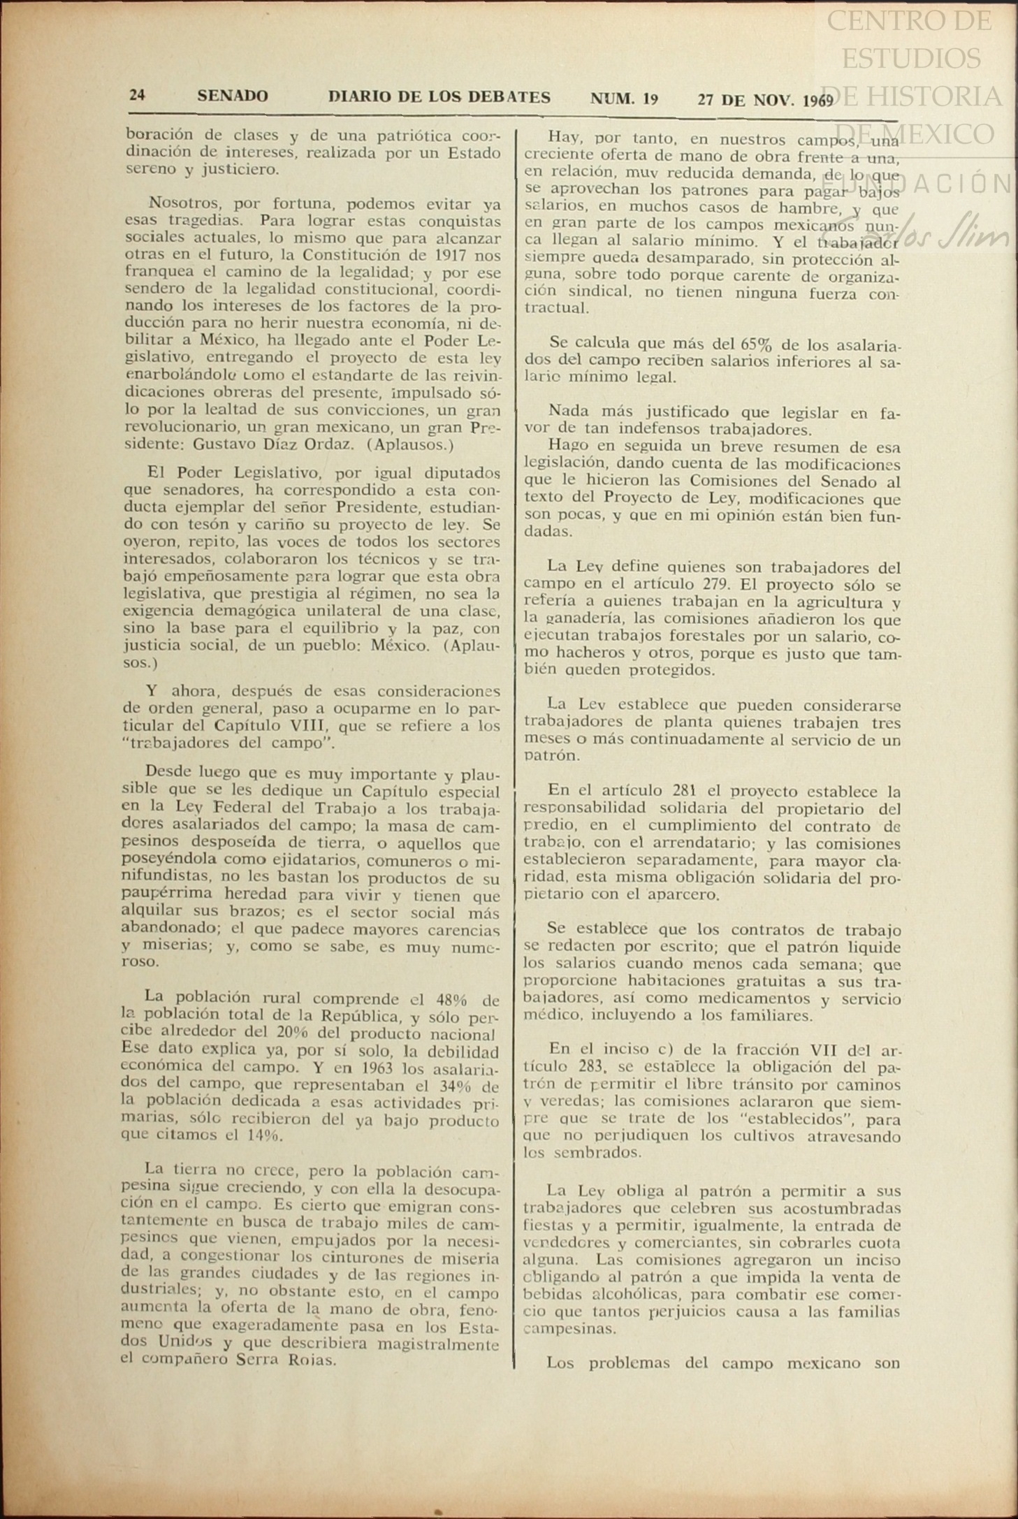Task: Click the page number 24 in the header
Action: (x=137, y=95)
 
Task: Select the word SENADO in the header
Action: (x=232, y=96)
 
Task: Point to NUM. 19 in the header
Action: (x=624, y=99)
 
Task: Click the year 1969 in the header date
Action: (x=817, y=101)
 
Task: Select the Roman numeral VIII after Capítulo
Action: (x=303, y=725)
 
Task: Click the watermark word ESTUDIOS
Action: (x=911, y=58)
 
